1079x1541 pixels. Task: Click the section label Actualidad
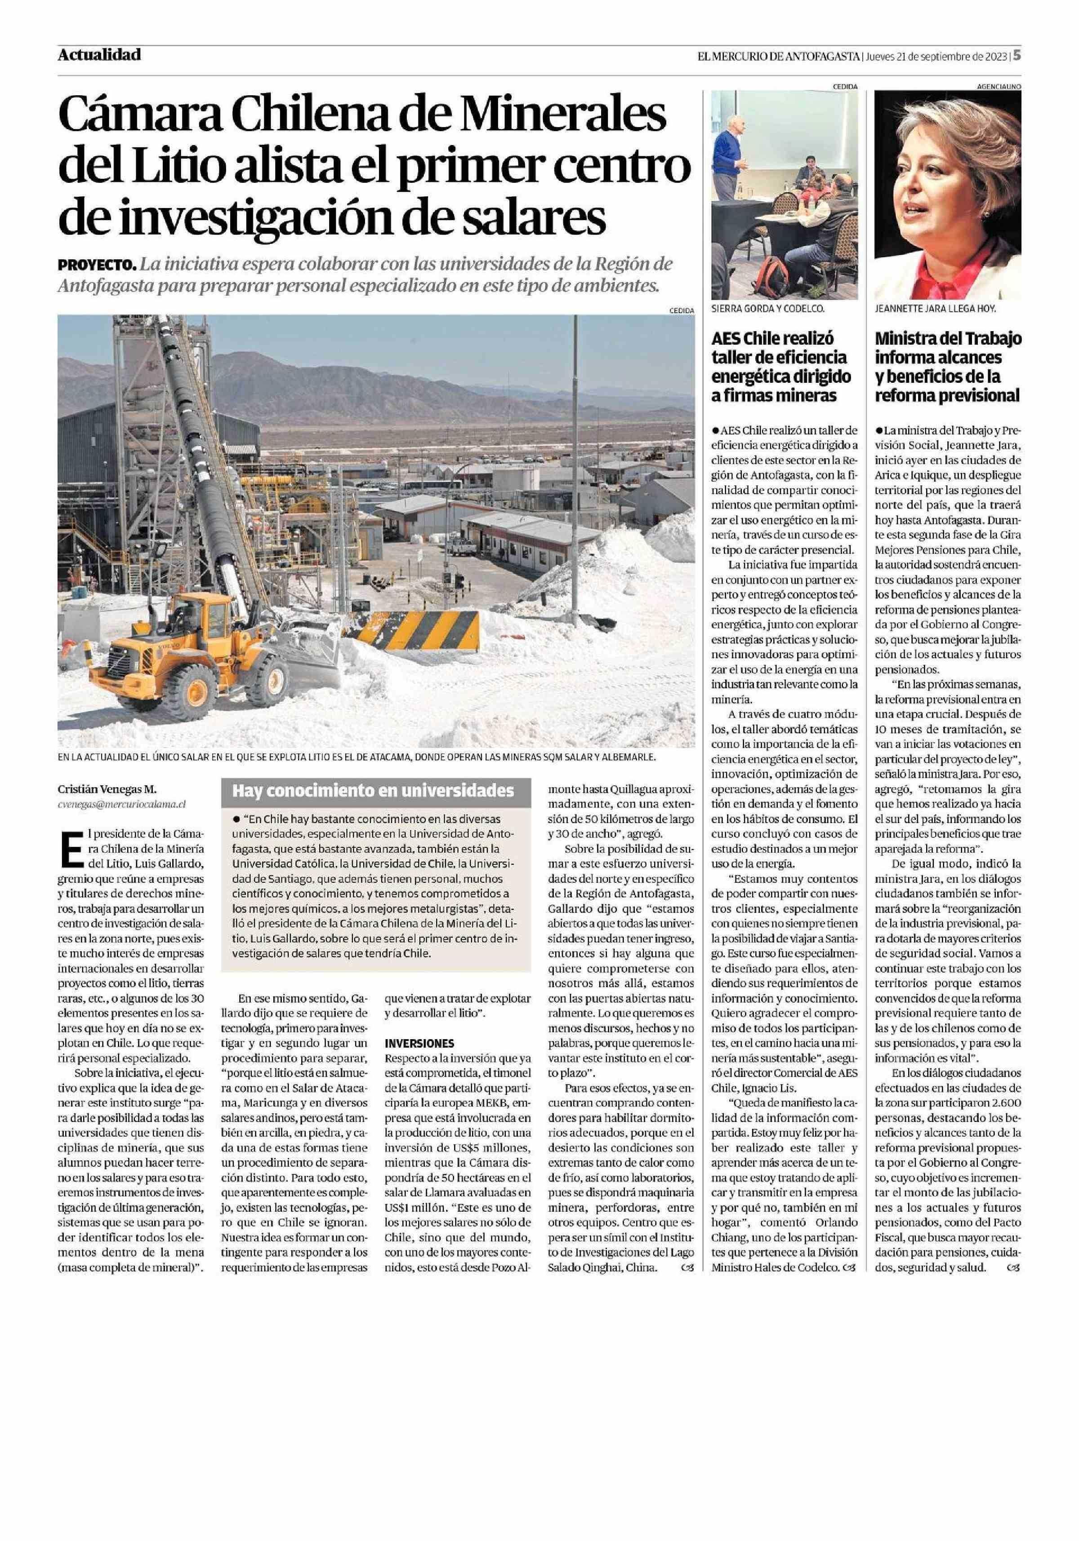click(x=99, y=55)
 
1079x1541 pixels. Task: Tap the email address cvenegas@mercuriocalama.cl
click(x=121, y=803)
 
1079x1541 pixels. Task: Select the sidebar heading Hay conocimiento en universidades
click(x=373, y=791)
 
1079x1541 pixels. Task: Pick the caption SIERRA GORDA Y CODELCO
click(x=767, y=310)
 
